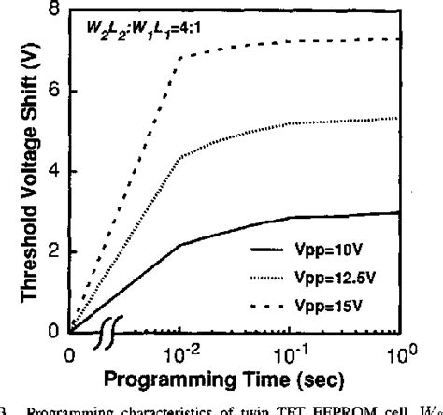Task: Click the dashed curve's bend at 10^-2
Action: tap(179, 58)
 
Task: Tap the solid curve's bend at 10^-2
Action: tap(179, 245)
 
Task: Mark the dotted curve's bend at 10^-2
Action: tap(179, 157)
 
